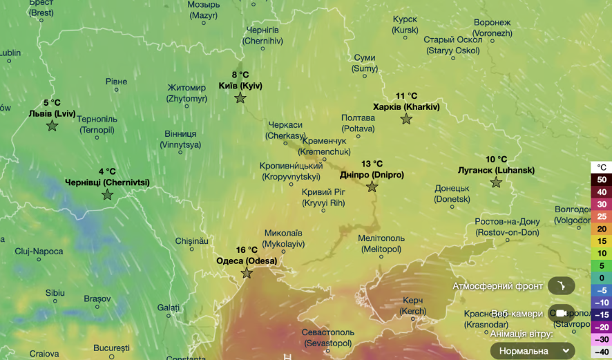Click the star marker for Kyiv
(240, 98)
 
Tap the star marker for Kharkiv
(406, 119)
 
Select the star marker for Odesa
(247, 273)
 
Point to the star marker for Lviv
(52, 125)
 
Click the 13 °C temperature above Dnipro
(372, 164)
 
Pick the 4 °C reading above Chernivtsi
(107, 171)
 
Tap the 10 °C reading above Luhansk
(496, 159)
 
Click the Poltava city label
(358, 123)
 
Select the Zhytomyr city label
(187, 93)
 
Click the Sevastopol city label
(328, 337)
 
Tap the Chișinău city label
(191, 240)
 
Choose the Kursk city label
(405, 25)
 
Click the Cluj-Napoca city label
(39, 251)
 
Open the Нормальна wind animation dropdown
(533, 351)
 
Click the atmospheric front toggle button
(561, 286)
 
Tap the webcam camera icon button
(561, 313)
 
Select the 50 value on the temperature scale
(602, 180)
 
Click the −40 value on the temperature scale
(602, 352)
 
